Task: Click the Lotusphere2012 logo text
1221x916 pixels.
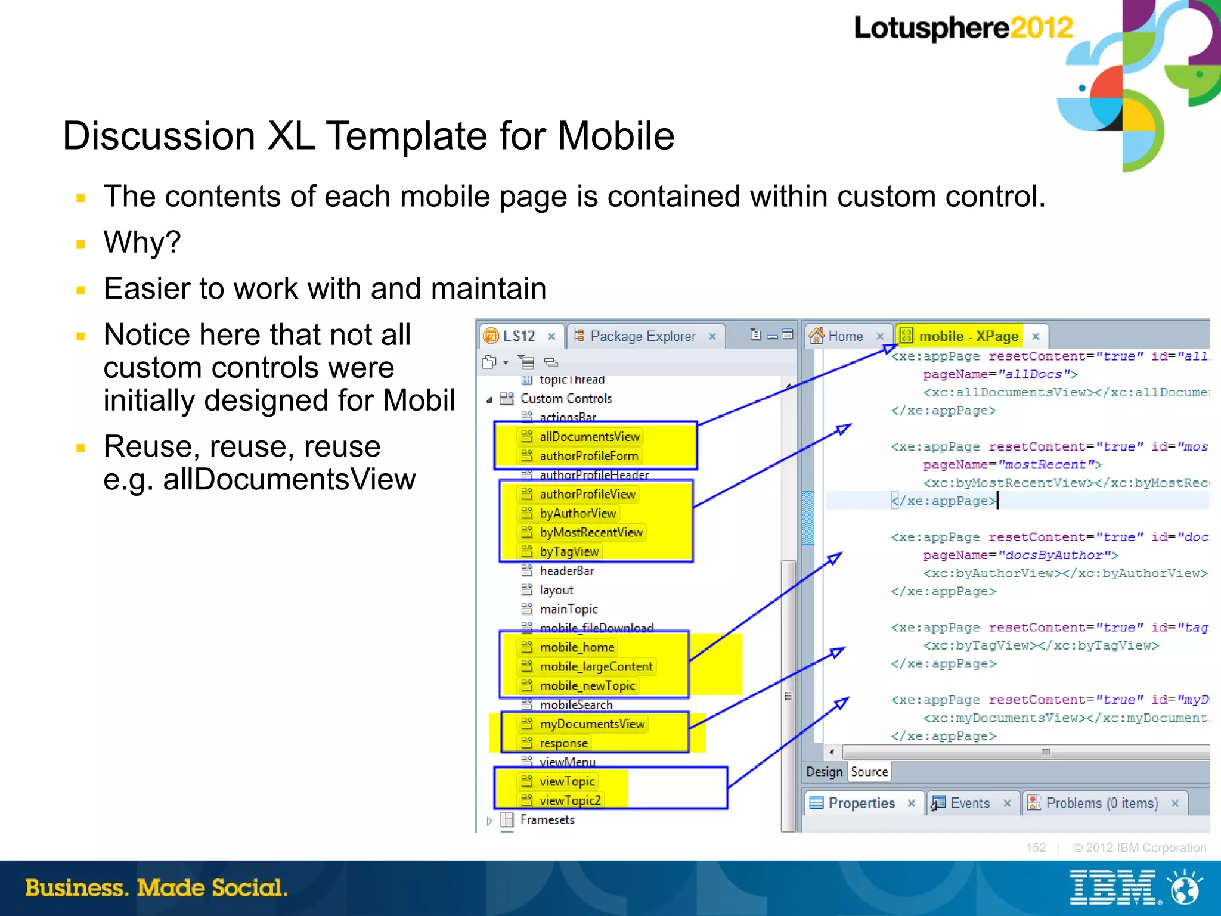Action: tap(963, 28)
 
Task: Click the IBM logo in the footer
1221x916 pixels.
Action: tap(1113, 887)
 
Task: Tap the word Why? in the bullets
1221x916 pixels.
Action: tap(142, 243)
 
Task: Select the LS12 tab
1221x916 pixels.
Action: tap(518, 336)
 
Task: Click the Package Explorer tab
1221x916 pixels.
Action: tap(642, 337)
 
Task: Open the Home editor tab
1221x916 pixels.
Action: tap(845, 337)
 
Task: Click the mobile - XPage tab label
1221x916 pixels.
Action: tap(968, 337)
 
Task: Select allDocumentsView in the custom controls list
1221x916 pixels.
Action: tap(589, 437)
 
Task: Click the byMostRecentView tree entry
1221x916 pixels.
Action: tap(591, 533)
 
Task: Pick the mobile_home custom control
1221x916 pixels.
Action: tap(577, 647)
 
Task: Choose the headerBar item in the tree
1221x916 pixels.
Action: tap(566, 571)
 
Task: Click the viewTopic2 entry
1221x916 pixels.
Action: tap(569, 800)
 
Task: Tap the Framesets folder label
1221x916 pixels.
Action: tap(547, 820)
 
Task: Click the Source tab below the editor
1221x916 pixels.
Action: tap(869, 772)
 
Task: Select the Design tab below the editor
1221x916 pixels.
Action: tap(824, 772)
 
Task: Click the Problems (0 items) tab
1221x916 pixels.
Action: tap(1101, 803)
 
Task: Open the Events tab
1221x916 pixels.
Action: tap(969, 803)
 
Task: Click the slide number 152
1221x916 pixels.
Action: tap(1036, 848)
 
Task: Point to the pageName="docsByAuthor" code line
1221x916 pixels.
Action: tap(1020, 555)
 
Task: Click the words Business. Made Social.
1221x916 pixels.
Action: tap(156, 888)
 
